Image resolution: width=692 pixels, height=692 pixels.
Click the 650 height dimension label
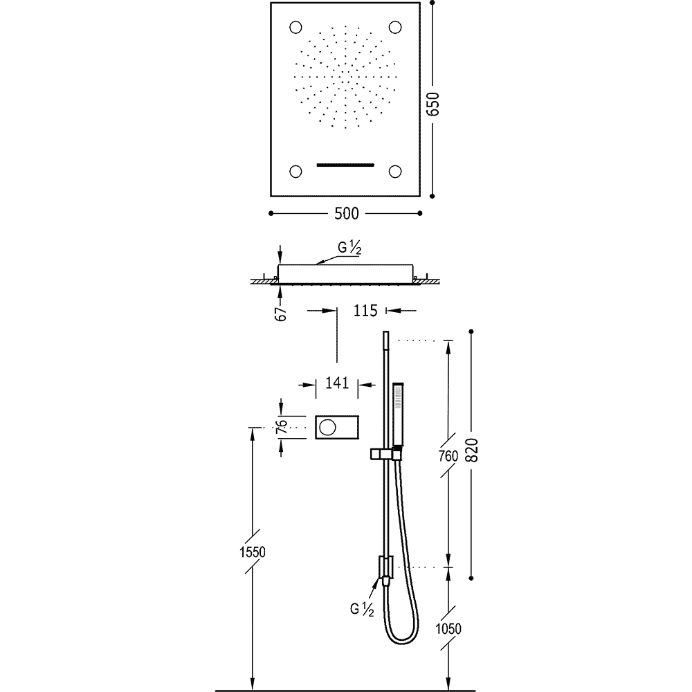coord(434,104)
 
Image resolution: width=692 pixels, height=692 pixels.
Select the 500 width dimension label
coord(347,214)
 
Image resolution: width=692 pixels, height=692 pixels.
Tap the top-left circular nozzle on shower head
coord(295,28)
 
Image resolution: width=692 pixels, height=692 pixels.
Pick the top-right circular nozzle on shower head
coord(395,28)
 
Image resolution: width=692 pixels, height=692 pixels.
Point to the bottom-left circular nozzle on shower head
coord(295,171)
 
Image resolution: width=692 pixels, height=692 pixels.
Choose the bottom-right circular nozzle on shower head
coord(395,171)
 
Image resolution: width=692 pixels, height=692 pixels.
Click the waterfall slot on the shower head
coord(345,165)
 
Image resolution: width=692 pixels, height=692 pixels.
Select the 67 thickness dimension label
coord(281,313)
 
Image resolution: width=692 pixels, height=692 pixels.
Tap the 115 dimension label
coord(365,311)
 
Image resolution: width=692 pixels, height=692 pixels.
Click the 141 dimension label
coord(337,383)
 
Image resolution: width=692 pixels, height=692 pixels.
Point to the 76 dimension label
coord(282,427)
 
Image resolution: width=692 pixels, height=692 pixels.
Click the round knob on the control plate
coord(328,427)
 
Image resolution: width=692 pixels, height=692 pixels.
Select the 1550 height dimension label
coord(253,552)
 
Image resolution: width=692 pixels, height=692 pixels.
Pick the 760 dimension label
coord(449,455)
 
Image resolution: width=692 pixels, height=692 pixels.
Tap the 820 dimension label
coord(472,450)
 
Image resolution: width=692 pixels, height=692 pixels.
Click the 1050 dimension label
coord(448,628)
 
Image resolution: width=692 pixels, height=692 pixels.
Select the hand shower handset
coord(399,415)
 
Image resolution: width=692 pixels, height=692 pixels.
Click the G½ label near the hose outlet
coord(362,609)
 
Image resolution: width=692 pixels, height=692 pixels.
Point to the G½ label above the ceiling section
coord(349,248)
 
